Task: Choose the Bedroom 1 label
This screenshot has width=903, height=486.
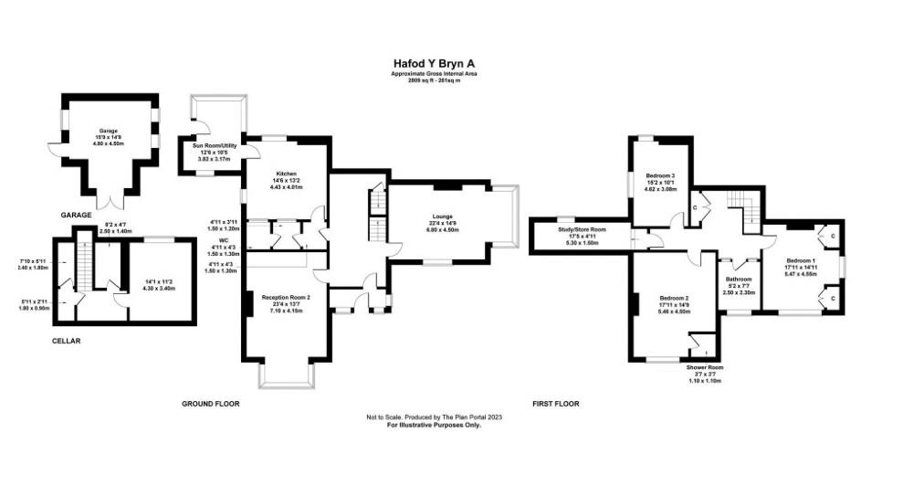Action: pos(802,260)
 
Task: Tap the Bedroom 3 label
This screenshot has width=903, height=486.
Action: pos(660,174)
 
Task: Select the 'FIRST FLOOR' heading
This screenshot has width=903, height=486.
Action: pos(555,403)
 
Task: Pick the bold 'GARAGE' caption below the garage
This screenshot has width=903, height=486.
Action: pos(76,215)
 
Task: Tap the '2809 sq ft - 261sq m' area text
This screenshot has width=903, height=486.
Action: pos(434,80)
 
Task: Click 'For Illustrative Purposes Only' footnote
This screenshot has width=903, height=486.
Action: pos(434,426)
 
